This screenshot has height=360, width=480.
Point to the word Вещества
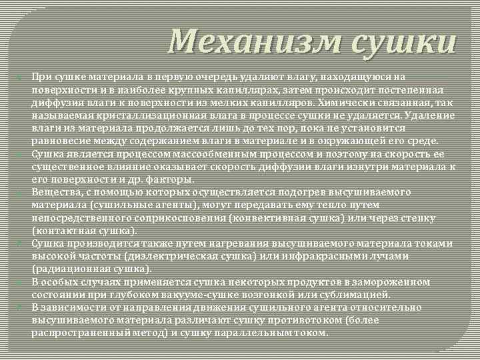[x=54, y=193]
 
